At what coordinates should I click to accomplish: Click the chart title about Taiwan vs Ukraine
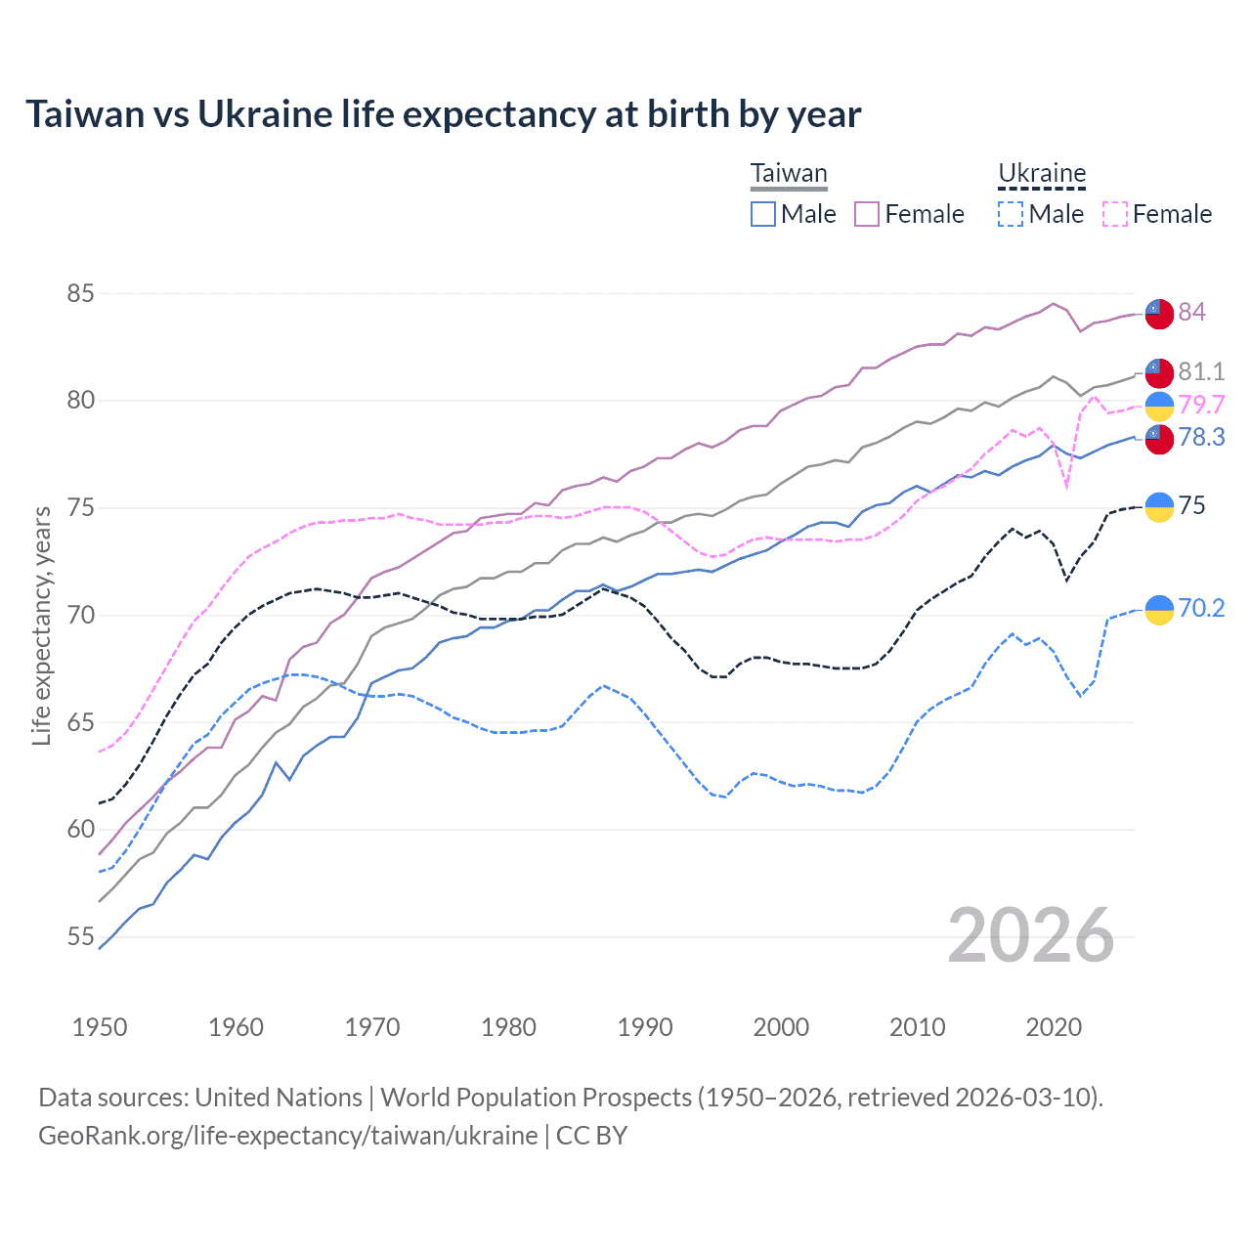[443, 114]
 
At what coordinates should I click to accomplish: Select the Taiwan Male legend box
[763, 214]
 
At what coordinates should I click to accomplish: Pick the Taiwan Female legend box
[867, 214]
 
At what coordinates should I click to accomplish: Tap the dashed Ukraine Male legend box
[1011, 214]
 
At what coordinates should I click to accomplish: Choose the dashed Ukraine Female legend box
[1115, 214]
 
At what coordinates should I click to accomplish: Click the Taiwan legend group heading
[789, 174]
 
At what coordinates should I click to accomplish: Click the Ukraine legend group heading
[1042, 174]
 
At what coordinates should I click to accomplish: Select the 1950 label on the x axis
[100, 1027]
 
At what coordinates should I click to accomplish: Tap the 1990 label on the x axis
[645, 1027]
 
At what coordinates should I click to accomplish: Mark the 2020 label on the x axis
[1054, 1027]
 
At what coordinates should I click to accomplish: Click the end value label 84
[1191, 312]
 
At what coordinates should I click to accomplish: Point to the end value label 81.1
[1201, 371]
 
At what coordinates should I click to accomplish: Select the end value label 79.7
[1201, 405]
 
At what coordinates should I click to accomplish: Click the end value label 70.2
[1201, 608]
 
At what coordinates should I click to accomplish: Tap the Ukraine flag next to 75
[1159, 506]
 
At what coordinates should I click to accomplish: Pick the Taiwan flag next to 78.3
[1159, 438]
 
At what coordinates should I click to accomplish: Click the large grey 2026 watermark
[1031, 935]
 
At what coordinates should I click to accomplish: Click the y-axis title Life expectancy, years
[41, 625]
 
